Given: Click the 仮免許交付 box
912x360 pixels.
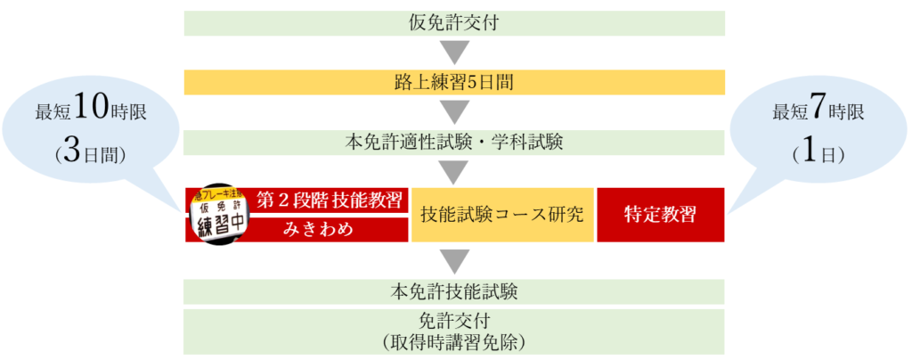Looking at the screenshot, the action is pos(454,23).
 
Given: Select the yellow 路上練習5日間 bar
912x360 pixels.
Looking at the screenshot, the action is pos(454,83).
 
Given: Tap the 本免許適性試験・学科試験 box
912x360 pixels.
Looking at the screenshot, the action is pos(454,143).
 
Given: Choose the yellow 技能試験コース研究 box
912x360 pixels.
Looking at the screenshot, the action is pos(502,215).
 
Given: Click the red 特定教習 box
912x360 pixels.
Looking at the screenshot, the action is pos(661,215).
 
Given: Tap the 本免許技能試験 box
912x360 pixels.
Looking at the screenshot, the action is pos(454,291).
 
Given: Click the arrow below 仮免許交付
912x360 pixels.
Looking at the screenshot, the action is pos(454,53).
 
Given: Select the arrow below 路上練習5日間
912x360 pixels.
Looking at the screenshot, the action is pos(454,112).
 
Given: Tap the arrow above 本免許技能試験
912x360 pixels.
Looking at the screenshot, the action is pos(454,260).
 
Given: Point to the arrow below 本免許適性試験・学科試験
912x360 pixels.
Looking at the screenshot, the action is pos(454,172).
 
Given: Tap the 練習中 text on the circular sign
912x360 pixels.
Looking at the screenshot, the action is pos(217,224).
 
